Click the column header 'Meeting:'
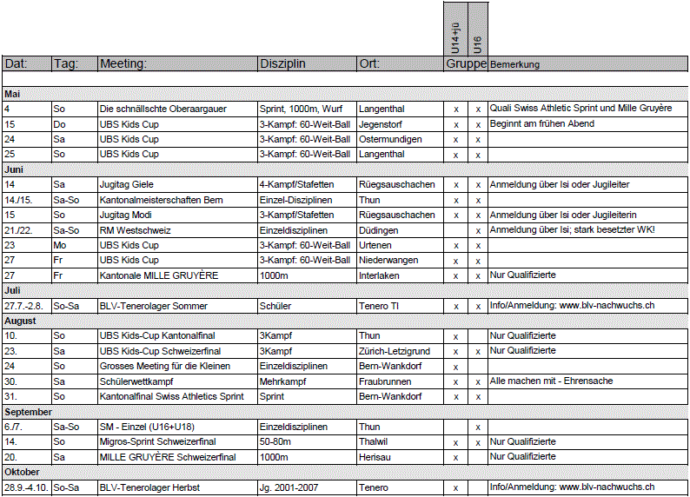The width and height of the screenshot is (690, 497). click(x=123, y=63)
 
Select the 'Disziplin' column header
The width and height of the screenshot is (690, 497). click(x=282, y=63)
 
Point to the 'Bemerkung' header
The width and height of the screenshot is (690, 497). click(x=515, y=64)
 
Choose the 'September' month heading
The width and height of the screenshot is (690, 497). click(x=28, y=411)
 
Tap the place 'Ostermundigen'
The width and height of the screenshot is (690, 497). click(x=390, y=139)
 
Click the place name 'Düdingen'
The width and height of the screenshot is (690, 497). click(x=379, y=229)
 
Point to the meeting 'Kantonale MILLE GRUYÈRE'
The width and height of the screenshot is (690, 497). click(x=157, y=275)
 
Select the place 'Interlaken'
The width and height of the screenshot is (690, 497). click(x=381, y=275)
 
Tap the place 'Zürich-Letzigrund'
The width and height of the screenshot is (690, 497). click(x=395, y=351)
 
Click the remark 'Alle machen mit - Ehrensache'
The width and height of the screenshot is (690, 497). click(x=551, y=381)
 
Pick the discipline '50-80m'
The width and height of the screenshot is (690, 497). click(x=276, y=441)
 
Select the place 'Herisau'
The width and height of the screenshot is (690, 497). click(x=376, y=456)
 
